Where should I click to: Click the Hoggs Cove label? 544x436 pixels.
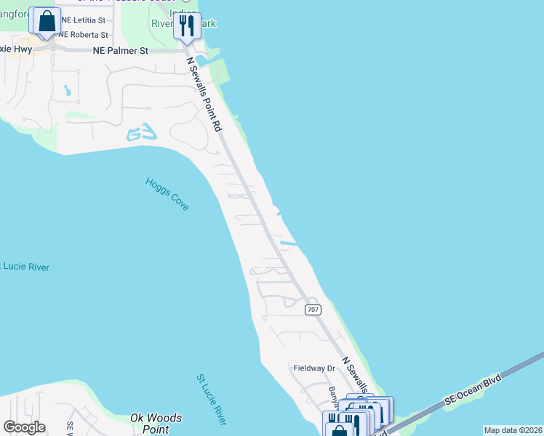[167, 194]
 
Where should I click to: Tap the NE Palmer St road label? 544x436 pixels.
[120, 51]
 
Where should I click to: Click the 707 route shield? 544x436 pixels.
[313, 310]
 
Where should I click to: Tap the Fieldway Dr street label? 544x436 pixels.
[313, 368]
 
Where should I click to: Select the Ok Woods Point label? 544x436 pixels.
[156, 423]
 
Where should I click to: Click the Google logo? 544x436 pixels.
[24, 427]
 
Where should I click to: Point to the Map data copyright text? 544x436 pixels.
[513, 430]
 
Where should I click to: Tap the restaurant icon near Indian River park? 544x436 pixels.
[186, 26]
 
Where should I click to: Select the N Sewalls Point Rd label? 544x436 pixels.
[204, 94]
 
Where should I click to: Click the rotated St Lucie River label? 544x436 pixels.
[212, 400]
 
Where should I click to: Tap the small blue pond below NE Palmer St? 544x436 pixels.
[67, 92]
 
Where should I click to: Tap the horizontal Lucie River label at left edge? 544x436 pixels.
[25, 267]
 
